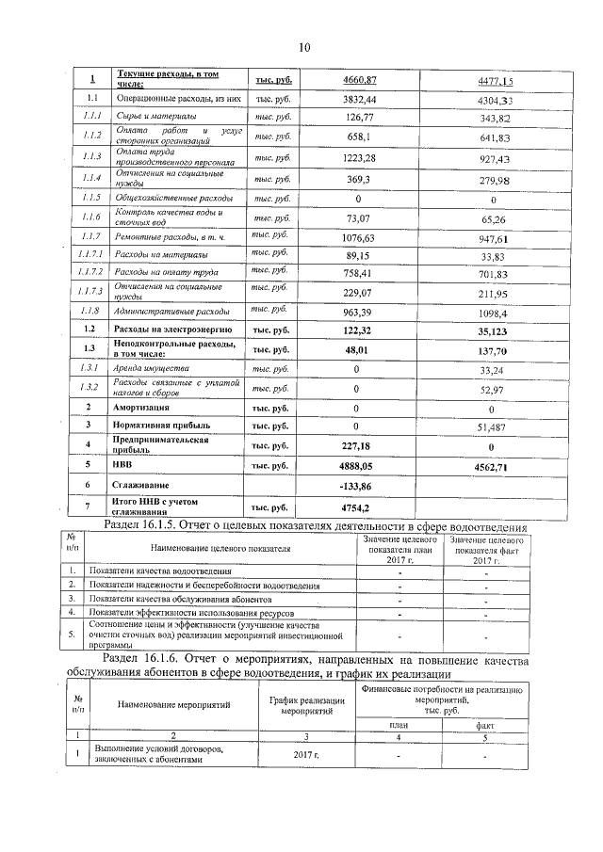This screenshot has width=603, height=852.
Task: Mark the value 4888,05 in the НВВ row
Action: click(358, 465)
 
